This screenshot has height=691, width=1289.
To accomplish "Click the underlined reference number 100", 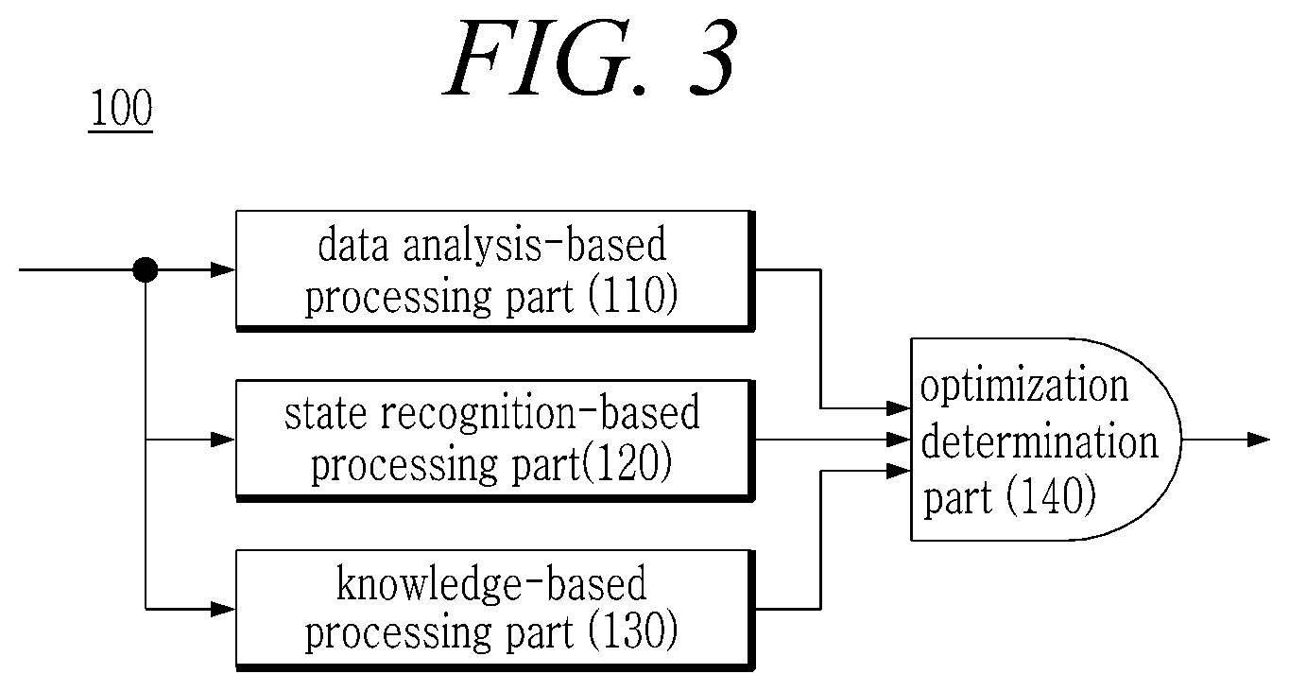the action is click(x=121, y=109).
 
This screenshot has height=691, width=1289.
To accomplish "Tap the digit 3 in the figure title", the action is click(x=712, y=58).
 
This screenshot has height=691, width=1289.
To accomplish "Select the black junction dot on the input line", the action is click(x=145, y=269).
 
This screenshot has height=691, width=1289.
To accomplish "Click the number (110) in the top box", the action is click(x=632, y=296).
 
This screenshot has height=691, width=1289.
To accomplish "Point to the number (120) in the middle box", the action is click(x=627, y=463).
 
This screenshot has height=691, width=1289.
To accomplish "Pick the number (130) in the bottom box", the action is click(x=632, y=631).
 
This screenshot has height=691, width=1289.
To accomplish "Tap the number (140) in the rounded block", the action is click(x=1051, y=495).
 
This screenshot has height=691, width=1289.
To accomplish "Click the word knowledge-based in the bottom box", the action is click(x=491, y=583).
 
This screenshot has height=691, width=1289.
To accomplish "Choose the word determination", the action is click(x=1040, y=441).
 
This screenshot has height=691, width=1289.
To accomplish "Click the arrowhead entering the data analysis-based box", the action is click(x=223, y=269).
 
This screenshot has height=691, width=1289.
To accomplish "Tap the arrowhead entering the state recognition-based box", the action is click(x=223, y=440).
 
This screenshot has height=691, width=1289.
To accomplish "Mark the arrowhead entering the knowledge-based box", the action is click(x=223, y=609).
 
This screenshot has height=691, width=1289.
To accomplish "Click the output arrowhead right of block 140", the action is click(x=1259, y=440).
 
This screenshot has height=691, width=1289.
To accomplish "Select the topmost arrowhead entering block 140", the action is click(x=899, y=408).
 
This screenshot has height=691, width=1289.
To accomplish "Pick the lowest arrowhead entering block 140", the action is click(x=899, y=471).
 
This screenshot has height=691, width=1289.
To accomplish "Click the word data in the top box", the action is click(x=352, y=245).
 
